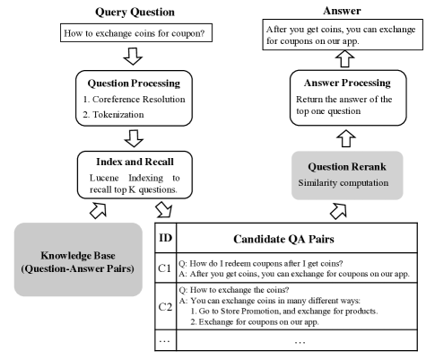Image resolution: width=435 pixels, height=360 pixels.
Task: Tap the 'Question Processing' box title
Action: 135,89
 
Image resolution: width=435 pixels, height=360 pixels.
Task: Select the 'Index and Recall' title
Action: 135,163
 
